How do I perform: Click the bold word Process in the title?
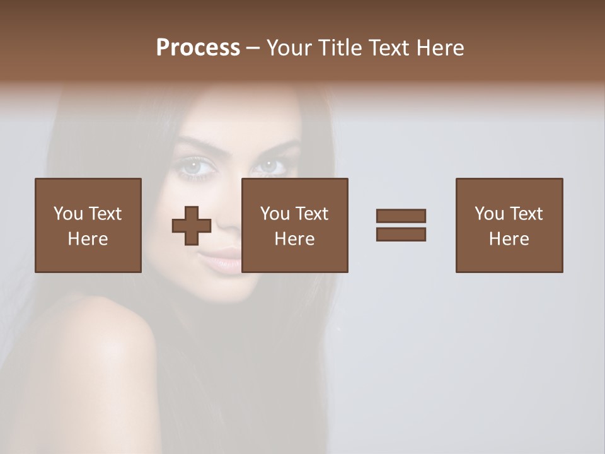tap(198, 48)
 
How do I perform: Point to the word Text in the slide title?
tap(389, 48)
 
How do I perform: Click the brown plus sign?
tap(192, 225)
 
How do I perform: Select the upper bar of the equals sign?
tap(401, 216)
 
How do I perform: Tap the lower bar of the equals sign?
tap(401, 235)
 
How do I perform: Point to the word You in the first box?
tap(67, 214)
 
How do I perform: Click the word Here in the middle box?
tap(295, 239)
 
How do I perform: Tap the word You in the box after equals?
tap(489, 214)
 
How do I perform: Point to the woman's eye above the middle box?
tap(270, 166)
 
